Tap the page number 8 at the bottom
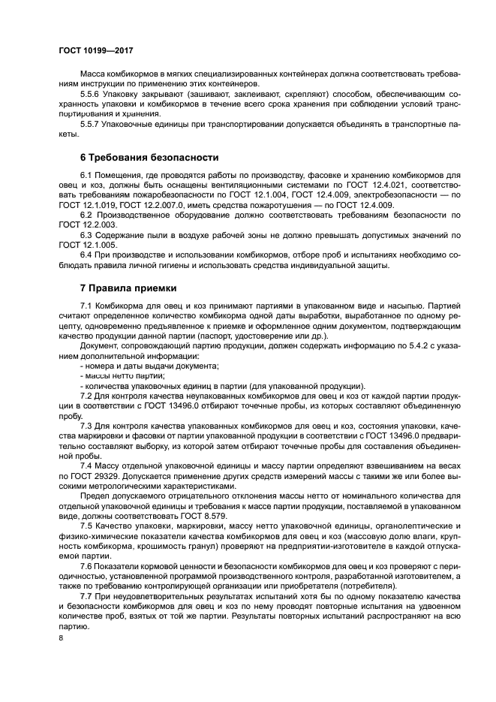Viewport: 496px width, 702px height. click(61, 638)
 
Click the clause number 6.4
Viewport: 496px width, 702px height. click(85, 255)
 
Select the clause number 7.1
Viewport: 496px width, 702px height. click(85, 306)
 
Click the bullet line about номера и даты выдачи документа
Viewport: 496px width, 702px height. click(150, 365)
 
